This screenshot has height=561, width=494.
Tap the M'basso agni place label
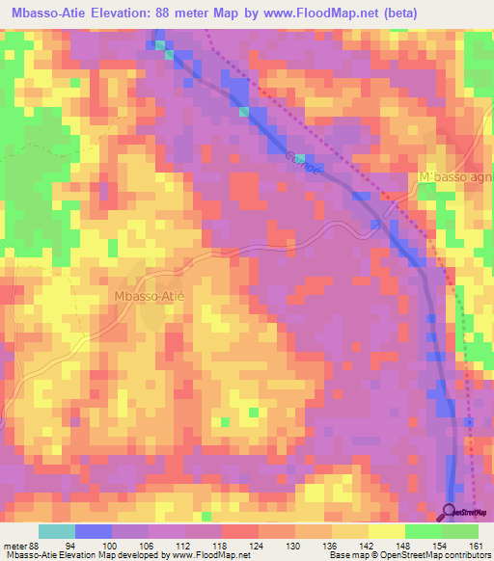[x=456, y=178]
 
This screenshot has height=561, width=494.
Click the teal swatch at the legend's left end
[x=57, y=531]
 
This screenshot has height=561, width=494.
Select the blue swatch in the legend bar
[x=94, y=531]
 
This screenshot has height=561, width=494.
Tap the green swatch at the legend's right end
[x=460, y=531]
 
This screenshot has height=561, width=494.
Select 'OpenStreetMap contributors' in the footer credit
[x=438, y=556]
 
